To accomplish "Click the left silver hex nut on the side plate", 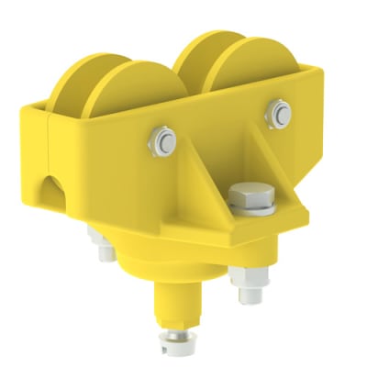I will click(164, 140).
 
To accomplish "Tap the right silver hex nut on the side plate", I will click(280, 114).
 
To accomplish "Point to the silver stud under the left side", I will click(98, 240).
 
